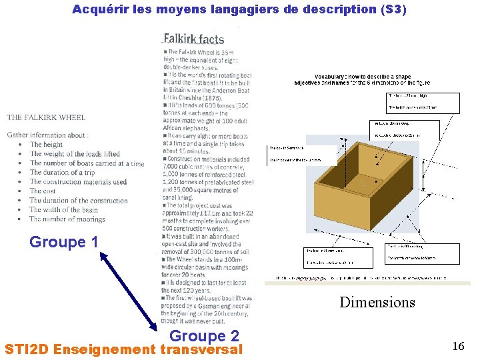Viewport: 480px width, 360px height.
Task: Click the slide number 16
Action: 458,346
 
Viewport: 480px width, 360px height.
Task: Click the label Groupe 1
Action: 64,242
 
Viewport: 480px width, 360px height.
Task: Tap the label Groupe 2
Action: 204,336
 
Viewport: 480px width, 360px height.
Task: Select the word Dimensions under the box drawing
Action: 377,302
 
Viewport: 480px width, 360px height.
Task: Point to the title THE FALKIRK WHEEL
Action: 46,117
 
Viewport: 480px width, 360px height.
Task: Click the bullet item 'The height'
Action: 46,145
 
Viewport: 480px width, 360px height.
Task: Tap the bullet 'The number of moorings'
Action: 67,219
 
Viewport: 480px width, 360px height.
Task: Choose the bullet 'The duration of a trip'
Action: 62,172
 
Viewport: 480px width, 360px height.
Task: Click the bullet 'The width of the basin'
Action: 63,209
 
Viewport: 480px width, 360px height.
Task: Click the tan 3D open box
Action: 360,187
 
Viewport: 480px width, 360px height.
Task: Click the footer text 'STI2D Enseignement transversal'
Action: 123,349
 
